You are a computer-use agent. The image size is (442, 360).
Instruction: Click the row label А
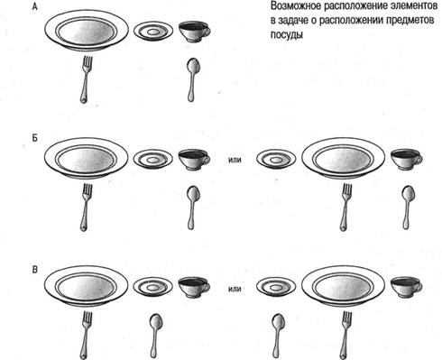pyautogui.click(x=35, y=6)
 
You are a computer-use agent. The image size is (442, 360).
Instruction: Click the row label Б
pyautogui.click(x=35, y=139)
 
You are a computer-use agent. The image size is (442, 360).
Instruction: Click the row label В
pyautogui.click(x=35, y=270)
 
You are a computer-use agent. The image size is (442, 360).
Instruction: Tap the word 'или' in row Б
pyautogui.click(x=235, y=160)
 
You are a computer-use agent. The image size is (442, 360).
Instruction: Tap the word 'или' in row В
pyautogui.click(x=235, y=290)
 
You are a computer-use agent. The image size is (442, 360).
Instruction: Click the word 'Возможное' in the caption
pyautogui.click(x=296, y=6)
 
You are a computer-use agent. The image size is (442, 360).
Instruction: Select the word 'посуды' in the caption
pyautogui.click(x=287, y=35)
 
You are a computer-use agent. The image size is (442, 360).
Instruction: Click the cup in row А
pyautogui.click(x=194, y=32)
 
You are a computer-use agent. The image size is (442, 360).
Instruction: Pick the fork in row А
pyautogui.click(x=87, y=79)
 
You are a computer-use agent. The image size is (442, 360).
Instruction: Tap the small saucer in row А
pyautogui.click(x=153, y=32)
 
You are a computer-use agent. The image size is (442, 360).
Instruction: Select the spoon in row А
pyautogui.click(x=192, y=79)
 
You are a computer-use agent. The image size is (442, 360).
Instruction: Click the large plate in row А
pyautogui.click(x=87, y=31)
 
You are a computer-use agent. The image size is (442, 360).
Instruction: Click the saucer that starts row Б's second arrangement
pyautogui.click(x=276, y=160)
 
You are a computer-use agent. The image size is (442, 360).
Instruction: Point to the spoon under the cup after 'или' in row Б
pyautogui.click(x=408, y=208)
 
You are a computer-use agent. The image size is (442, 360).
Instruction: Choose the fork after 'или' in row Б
pyautogui.click(x=345, y=208)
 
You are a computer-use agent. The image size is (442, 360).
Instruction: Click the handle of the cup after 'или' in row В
pyautogui.click(x=420, y=286)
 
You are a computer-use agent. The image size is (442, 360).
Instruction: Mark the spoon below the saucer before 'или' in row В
pyautogui.click(x=155, y=336)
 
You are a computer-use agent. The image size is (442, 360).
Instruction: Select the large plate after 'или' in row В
pyautogui.click(x=344, y=286)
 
